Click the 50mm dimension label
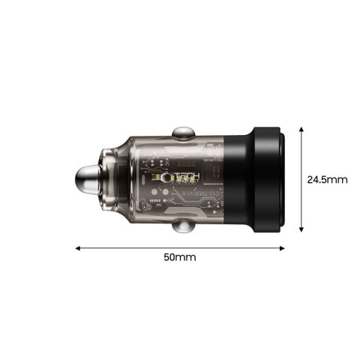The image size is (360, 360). (x=180, y=257)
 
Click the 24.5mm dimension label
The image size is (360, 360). (x=327, y=180)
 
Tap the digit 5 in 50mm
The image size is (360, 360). (x=167, y=257)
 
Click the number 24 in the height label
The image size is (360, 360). (x=313, y=180)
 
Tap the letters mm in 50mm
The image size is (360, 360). (x=187, y=257)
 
